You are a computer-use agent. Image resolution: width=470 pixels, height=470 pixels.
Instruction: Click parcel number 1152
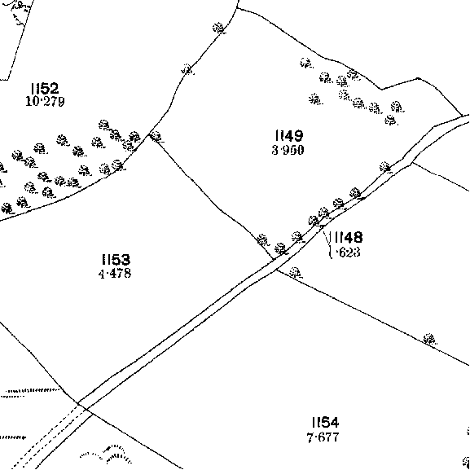pyautogui.click(x=45, y=89)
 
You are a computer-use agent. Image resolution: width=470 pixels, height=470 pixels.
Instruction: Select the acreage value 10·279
pyautogui.click(x=45, y=102)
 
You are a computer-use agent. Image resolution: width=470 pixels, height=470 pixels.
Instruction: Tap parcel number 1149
pyautogui.click(x=289, y=135)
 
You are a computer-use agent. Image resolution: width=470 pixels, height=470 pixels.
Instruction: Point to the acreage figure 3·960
pyautogui.click(x=288, y=150)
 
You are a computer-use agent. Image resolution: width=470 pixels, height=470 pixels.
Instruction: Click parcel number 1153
pyautogui.click(x=116, y=260)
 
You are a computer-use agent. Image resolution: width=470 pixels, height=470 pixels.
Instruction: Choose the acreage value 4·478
pyautogui.click(x=115, y=274)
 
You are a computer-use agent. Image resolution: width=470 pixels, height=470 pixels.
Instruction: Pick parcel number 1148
pyautogui.click(x=348, y=237)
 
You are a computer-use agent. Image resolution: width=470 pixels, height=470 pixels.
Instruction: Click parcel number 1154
pyautogui.click(x=325, y=423)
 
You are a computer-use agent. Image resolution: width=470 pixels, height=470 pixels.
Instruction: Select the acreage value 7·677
pyautogui.click(x=323, y=437)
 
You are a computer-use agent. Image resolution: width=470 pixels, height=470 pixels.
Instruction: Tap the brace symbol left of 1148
pyautogui.click(x=330, y=244)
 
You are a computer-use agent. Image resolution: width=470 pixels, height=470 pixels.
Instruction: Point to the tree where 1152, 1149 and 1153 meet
pyautogui.click(x=156, y=137)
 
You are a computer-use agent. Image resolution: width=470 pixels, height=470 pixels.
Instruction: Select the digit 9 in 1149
pyautogui.click(x=297, y=135)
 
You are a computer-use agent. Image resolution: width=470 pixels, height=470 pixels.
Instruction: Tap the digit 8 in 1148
pyautogui.click(x=357, y=237)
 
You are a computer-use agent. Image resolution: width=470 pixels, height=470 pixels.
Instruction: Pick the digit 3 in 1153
pyautogui.click(x=125, y=260)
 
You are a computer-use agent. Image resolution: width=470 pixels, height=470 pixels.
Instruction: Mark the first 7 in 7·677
pyautogui.click(x=310, y=437)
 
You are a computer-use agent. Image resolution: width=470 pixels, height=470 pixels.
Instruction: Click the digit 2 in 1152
pyautogui.click(x=54, y=89)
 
